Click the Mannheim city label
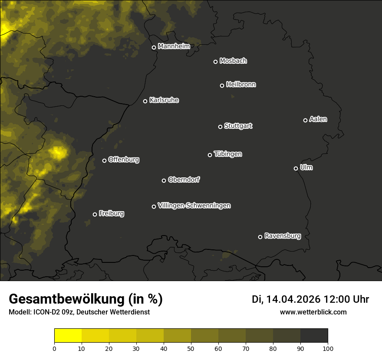coord(174,46)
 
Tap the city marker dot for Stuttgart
coord(220,127)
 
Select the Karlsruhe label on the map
coord(164,100)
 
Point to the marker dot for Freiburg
coord(95,214)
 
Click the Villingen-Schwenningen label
coord(194,206)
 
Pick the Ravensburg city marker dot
coord(260,237)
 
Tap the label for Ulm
coord(306,167)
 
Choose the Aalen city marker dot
coord(305,120)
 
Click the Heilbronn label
coord(241,85)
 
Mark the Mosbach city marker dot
coord(215,62)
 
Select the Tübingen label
coord(228,154)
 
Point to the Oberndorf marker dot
coord(164,180)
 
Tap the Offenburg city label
coord(124,160)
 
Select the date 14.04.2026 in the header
coord(293,299)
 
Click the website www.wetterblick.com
coord(313,312)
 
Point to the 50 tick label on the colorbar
coord(191,348)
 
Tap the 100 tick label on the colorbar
coord(328,348)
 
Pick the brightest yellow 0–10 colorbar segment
coord(68,336)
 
